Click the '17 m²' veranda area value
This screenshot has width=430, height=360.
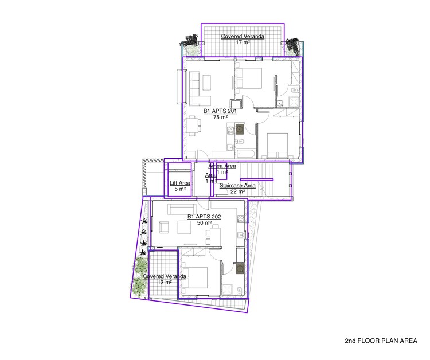tap(243, 43)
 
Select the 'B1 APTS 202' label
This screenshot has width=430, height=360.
tap(205, 217)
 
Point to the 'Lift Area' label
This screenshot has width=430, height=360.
tap(179, 183)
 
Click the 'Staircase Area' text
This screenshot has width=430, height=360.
tap(237, 186)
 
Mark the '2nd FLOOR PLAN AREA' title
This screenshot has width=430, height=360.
tap(381, 341)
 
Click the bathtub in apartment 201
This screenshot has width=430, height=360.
tap(245, 154)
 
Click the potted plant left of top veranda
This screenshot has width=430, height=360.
tap(190, 46)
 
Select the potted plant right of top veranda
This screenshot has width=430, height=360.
tap(294, 46)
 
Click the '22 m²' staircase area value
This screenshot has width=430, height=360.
tap(237, 192)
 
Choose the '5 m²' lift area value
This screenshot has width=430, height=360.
tap(179, 189)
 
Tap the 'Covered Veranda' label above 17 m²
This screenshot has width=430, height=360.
tap(243, 36)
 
